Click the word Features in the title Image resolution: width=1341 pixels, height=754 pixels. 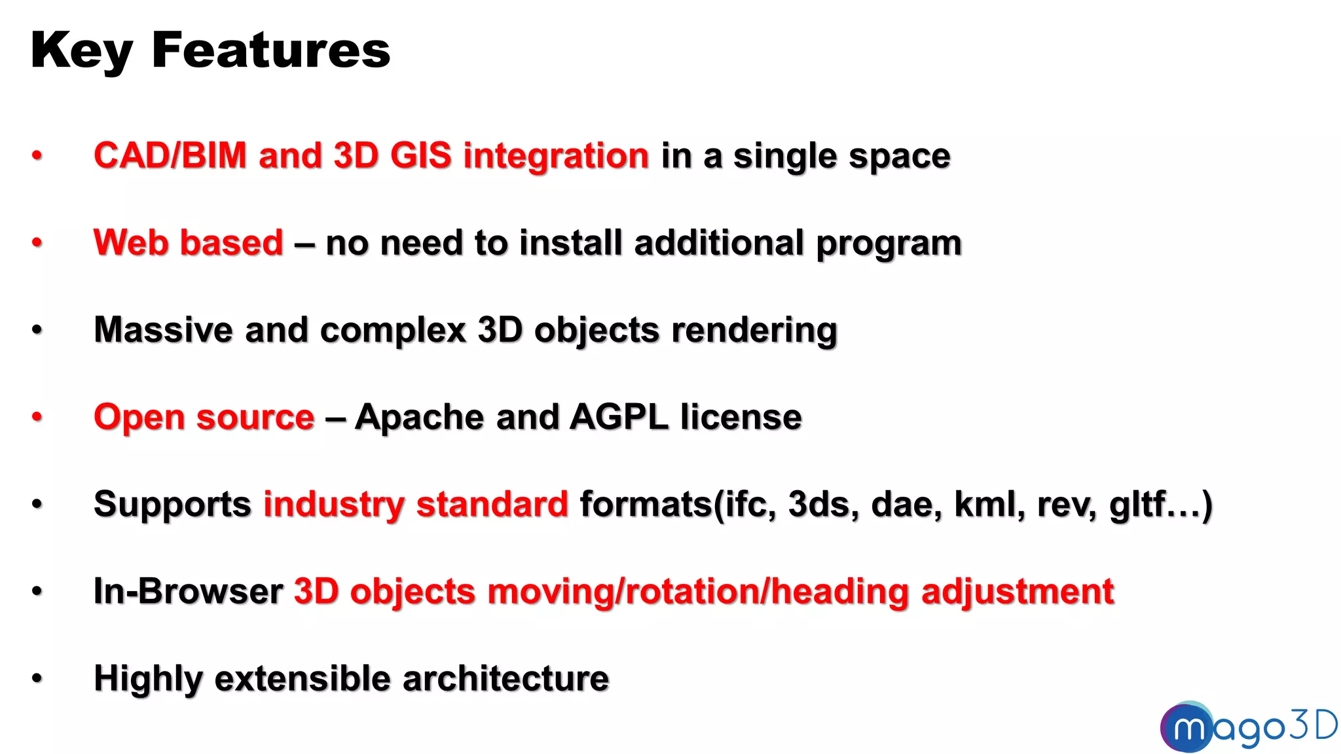tap(271, 51)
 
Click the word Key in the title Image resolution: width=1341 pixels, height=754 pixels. tap(82, 51)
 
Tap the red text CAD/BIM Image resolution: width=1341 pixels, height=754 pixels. tap(170, 156)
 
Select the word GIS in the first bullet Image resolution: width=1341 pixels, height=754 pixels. tap(421, 156)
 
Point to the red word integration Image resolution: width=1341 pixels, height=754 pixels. tap(556, 156)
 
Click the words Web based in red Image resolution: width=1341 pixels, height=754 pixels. tap(189, 243)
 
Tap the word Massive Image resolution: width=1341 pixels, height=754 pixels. tap(163, 329)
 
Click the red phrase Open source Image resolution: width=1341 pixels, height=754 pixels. tap(204, 417)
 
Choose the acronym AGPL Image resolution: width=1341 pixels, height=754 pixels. tap(619, 417)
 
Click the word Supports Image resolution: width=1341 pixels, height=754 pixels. tap(172, 505)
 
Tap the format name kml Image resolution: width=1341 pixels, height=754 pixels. tap(989, 504)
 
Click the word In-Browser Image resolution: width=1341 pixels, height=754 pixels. tap(189, 591)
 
